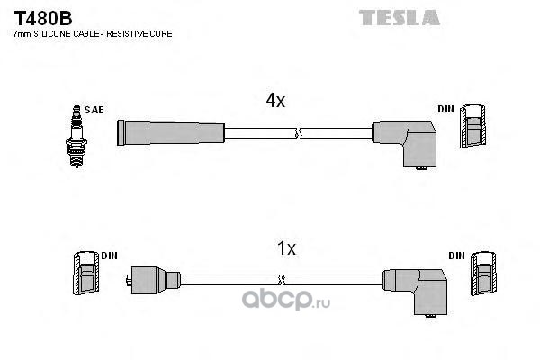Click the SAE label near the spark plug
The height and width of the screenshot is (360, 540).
coord(95,110)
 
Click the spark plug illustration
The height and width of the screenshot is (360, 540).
coord(76,131)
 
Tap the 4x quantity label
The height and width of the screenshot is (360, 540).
coord(275,102)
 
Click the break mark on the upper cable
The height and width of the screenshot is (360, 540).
coord(298,133)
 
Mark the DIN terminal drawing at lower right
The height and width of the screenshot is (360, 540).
coord(481,274)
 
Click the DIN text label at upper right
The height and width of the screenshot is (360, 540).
coord(445,109)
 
